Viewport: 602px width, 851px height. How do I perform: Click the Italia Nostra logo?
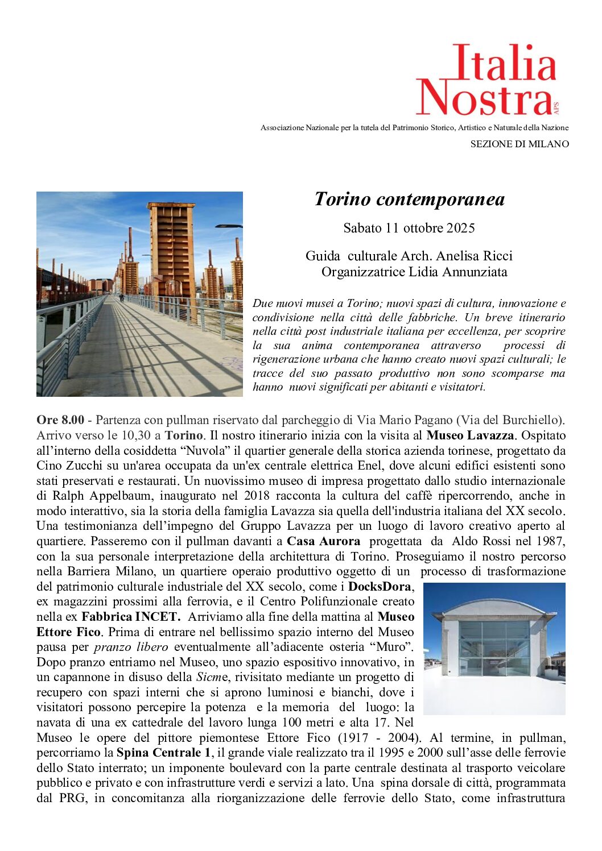click(487, 80)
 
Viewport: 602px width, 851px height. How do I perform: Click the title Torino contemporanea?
click(409, 199)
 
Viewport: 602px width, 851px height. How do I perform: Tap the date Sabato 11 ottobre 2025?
click(409, 228)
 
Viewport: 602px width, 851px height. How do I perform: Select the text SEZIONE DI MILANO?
click(519, 144)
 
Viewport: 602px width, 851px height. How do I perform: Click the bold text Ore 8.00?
click(60, 420)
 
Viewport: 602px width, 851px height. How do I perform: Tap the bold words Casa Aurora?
click(323, 541)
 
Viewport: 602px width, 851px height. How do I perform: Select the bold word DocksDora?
click(379, 586)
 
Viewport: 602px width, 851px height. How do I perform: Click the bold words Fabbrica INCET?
click(130, 617)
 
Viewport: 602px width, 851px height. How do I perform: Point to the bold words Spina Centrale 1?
click(163, 753)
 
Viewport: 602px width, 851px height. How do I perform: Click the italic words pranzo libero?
click(131, 647)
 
